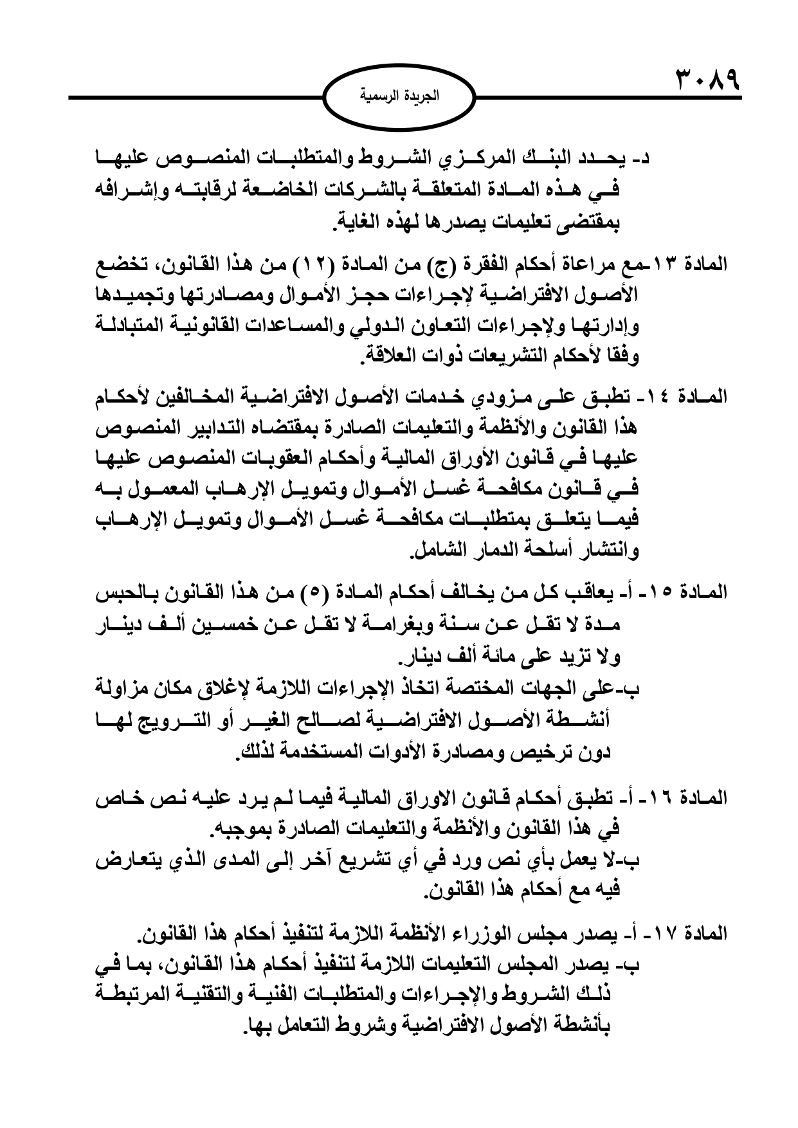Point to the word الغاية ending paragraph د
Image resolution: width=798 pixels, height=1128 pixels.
point(358,224)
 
